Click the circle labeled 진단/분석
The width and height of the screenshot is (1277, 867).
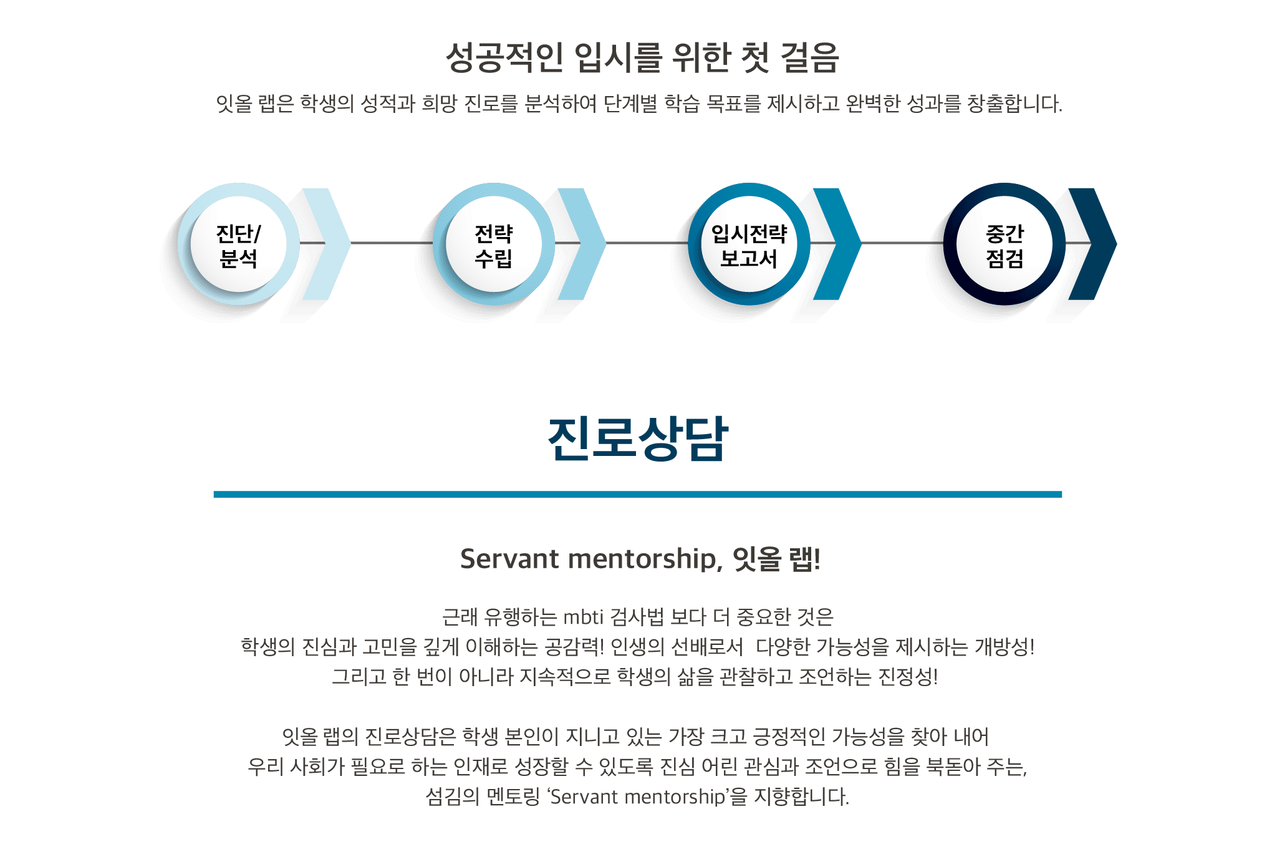238,244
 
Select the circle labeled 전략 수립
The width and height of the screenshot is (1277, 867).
494,244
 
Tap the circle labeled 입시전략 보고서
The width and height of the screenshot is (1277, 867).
749,244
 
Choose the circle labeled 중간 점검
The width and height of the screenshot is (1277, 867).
1004,244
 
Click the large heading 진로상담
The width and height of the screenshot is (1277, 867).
638,438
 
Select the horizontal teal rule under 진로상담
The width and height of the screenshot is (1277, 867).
637,494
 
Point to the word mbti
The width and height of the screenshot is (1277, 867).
584,617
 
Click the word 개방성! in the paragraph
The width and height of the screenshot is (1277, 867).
1005,647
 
